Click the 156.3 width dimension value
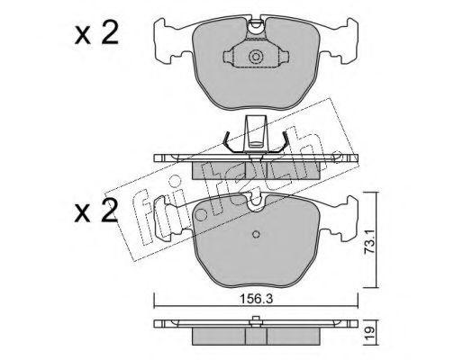tap(256, 299)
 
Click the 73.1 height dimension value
tap(369, 242)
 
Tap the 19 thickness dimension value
tap(370, 332)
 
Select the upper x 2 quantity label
tap(96, 34)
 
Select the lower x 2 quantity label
tap(96, 211)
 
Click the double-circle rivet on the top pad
tap(256, 57)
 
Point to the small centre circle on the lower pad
tap(256, 234)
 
